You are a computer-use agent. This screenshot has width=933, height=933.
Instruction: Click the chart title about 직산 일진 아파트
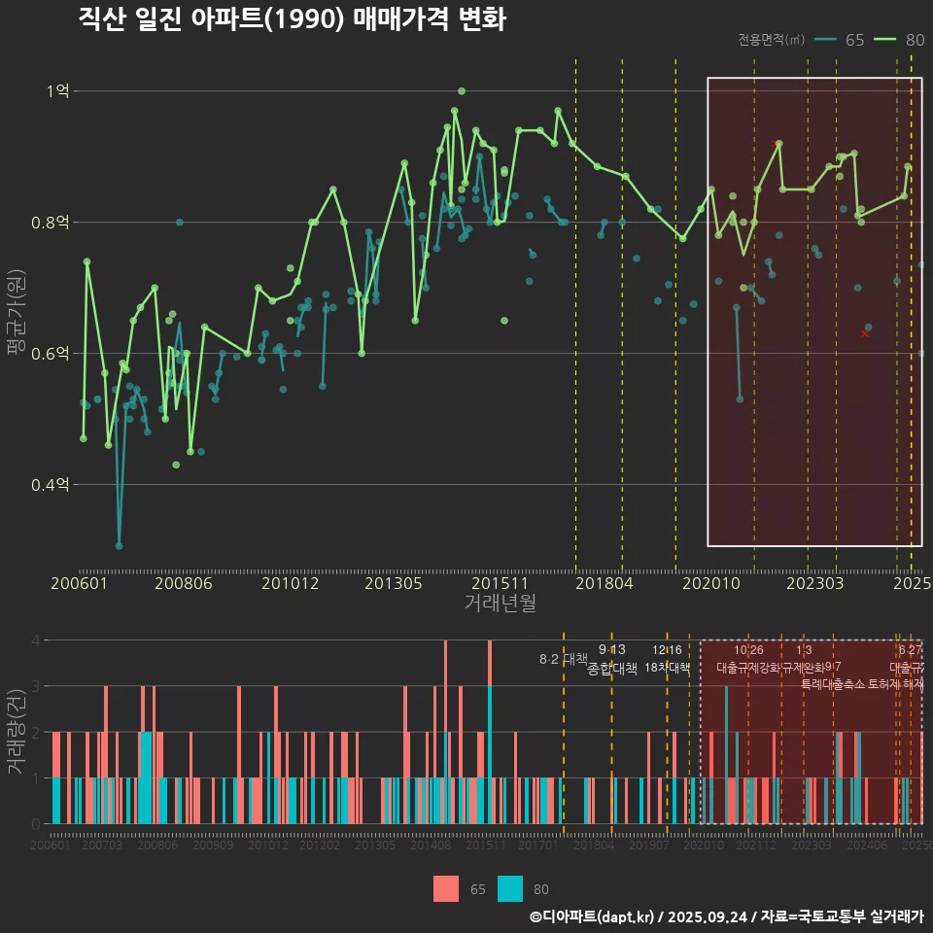[x=292, y=19]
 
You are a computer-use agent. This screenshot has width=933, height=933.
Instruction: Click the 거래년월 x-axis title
[x=500, y=603]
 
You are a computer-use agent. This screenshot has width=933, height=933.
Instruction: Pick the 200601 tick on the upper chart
[x=79, y=584]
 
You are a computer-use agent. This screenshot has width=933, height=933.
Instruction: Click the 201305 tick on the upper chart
[x=393, y=584]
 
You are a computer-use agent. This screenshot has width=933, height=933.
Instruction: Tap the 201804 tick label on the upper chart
[x=603, y=584]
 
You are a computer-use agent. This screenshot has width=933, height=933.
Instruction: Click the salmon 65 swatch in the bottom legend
[x=446, y=888]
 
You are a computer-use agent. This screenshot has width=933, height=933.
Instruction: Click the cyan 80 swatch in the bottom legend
[x=510, y=888]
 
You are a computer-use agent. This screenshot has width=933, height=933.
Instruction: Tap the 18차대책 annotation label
[x=667, y=668]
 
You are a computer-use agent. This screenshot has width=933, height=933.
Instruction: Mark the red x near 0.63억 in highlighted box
[x=865, y=333]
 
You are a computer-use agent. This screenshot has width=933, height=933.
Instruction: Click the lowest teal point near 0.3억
[x=120, y=546]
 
